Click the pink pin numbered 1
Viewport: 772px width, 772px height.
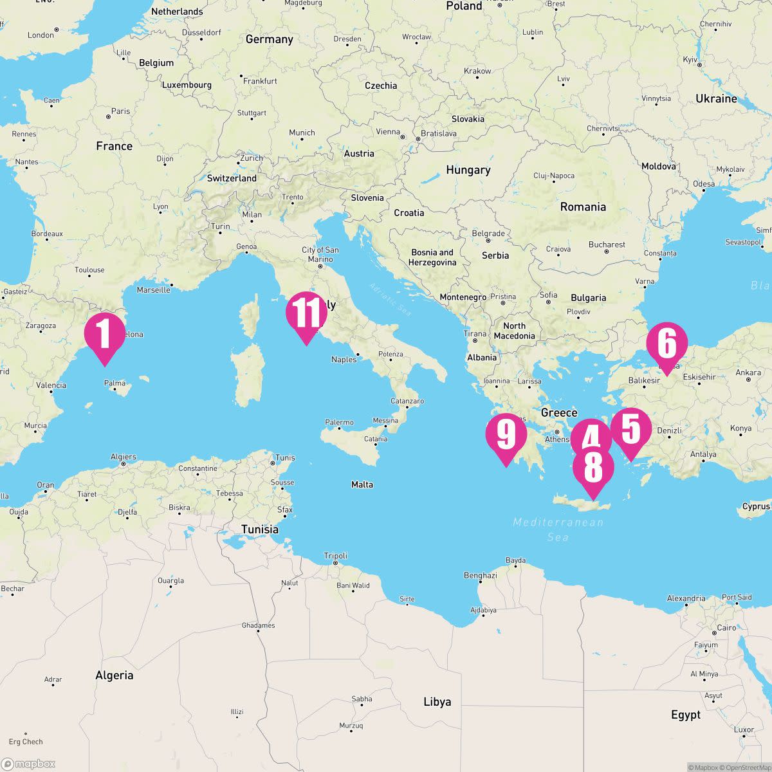coord(104,333)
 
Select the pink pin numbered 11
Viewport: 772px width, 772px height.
coord(306,313)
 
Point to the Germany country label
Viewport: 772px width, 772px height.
coord(269,39)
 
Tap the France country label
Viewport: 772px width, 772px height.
coord(114,146)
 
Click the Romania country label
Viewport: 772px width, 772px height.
coord(583,207)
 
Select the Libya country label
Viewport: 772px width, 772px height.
coord(437,702)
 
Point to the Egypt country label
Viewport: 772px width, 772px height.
coord(685,715)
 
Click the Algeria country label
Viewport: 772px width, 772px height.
coord(114,675)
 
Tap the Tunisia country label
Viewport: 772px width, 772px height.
coord(260,529)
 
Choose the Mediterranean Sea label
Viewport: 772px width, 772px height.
coord(558,529)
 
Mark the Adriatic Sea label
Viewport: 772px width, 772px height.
coord(390,299)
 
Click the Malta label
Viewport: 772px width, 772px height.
coord(362,484)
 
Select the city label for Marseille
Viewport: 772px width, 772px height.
coord(154,289)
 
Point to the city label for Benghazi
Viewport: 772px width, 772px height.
coord(480,575)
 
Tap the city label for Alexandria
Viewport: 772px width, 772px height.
coord(686,598)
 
